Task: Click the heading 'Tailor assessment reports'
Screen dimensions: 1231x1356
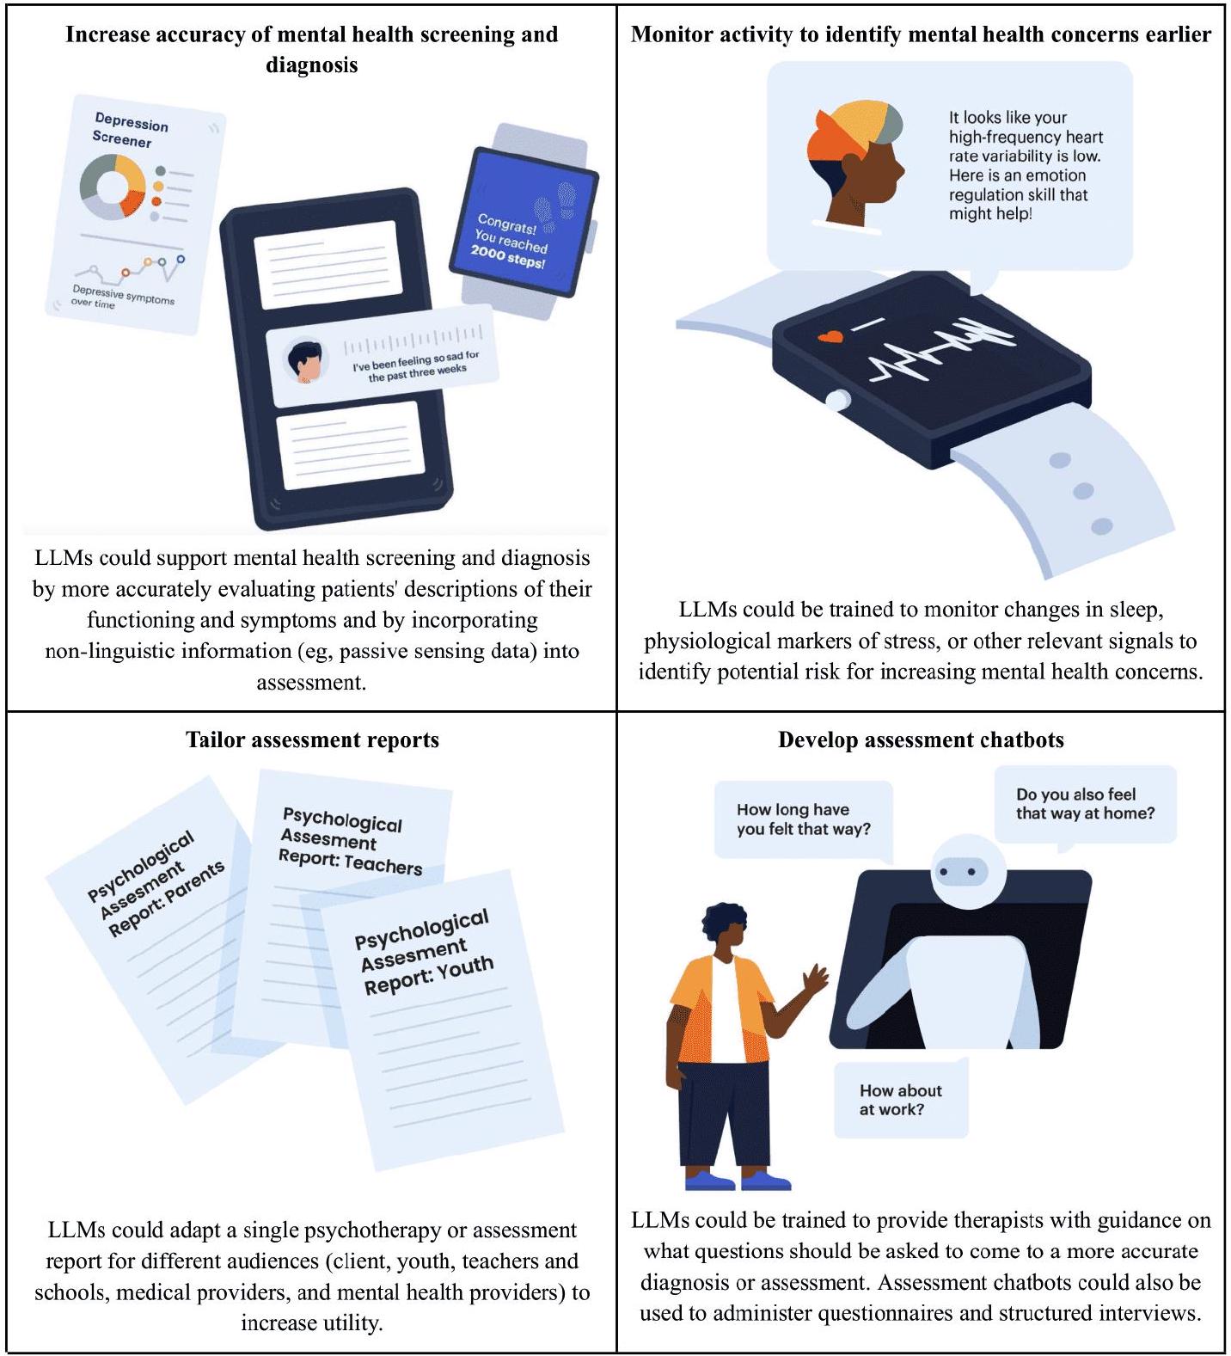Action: click(x=312, y=739)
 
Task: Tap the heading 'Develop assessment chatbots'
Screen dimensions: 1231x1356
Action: click(x=921, y=739)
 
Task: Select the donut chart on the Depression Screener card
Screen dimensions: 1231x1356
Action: click(x=113, y=186)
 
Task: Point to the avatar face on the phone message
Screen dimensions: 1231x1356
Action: click(x=305, y=362)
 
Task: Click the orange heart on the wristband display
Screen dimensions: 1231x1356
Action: click(x=830, y=337)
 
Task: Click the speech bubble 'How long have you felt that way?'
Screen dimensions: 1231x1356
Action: click(x=804, y=819)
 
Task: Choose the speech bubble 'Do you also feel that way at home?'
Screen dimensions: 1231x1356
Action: click(x=1085, y=805)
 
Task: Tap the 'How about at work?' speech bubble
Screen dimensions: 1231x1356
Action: click(x=901, y=1099)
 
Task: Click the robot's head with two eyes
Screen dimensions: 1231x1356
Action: click(x=961, y=871)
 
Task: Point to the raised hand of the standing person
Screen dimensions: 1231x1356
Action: click(x=813, y=978)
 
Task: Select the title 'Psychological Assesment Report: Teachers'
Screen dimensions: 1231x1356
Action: click(x=350, y=840)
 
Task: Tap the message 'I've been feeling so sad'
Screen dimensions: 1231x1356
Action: click(x=416, y=366)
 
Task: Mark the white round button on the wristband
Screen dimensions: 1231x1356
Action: click(x=836, y=400)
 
